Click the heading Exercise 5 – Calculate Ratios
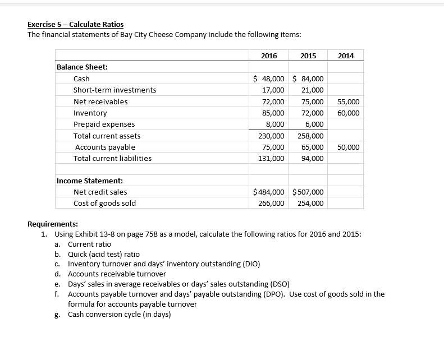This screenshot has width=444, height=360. pyautogui.click(x=76, y=24)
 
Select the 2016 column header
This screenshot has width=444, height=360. pyautogui.click(x=269, y=55)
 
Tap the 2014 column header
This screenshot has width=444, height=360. pyautogui.click(x=346, y=55)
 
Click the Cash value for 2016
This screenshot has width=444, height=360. pyautogui.click(x=269, y=79)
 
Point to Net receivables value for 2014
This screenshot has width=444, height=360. pyautogui.click(x=349, y=101)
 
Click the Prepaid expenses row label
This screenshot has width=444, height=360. pyautogui.click(x=104, y=124)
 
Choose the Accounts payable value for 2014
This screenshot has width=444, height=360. pyautogui.click(x=349, y=147)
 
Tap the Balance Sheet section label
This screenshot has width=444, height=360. pyautogui.click(x=83, y=67)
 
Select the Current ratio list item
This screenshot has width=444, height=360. pyautogui.click(x=89, y=244)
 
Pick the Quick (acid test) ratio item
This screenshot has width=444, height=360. pyautogui.click(x=104, y=254)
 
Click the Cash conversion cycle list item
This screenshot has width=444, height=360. pyautogui.click(x=119, y=314)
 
